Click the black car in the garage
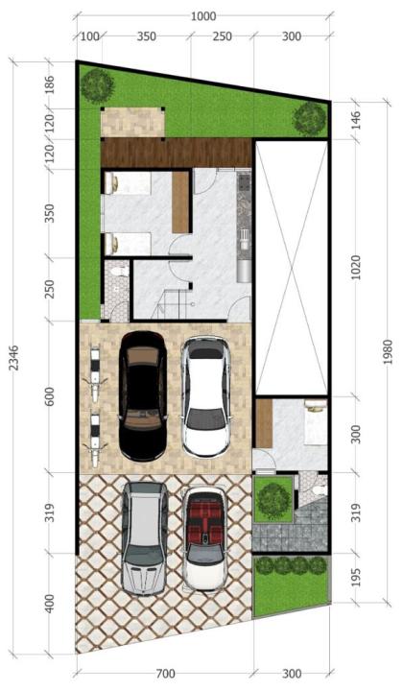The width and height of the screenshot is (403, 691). (143, 396)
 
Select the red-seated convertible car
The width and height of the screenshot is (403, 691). (204, 537)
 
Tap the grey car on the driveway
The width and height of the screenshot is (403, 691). (145, 538)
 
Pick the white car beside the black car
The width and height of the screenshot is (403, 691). (206, 396)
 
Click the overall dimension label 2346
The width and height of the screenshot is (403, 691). (14, 357)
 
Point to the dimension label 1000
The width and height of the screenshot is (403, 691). (203, 16)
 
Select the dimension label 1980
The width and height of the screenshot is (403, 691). (388, 351)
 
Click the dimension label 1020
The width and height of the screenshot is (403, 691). (357, 268)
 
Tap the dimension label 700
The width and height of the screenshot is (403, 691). (166, 674)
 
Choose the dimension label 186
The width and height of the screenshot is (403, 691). (50, 85)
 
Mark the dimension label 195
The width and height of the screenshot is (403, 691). (357, 577)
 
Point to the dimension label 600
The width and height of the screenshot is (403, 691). (50, 396)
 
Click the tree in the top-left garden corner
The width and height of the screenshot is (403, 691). (97, 84)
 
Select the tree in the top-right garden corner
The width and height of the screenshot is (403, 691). (310, 118)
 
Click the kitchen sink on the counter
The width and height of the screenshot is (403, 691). (244, 238)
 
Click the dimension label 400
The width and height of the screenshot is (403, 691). (50, 604)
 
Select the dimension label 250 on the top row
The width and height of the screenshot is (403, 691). (223, 36)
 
